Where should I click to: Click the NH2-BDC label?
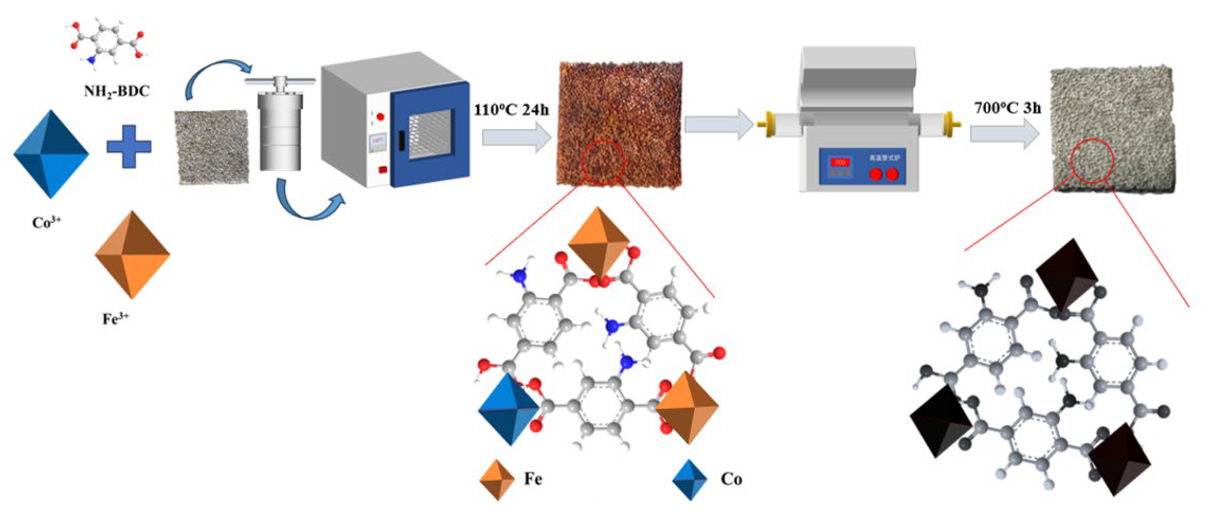[x=117, y=90]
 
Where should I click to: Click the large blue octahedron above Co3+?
[x=51, y=154]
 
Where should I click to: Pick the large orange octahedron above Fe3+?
[x=132, y=255]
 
